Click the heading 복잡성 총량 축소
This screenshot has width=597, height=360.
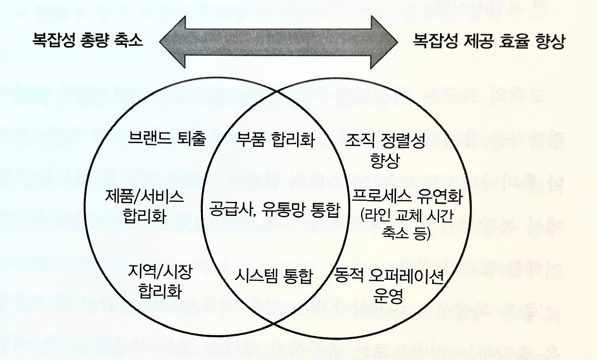87,42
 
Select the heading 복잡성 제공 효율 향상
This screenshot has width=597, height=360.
489,42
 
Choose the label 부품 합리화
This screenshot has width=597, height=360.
275,139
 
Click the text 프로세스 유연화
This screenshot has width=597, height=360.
407,197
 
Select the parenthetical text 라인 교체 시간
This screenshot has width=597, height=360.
407,215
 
